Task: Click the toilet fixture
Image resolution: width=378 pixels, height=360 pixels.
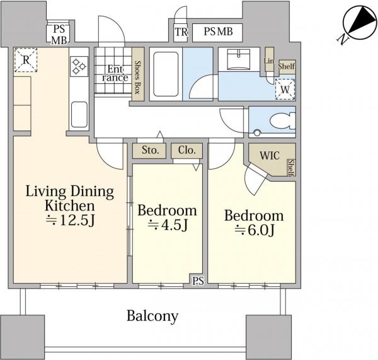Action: click(282, 121)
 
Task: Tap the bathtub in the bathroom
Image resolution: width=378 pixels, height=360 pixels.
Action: click(166, 74)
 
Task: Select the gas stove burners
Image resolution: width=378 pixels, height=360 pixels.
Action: click(79, 66)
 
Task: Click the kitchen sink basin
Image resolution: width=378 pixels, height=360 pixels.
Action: click(79, 114)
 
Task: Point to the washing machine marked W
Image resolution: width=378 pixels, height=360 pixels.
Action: click(285, 90)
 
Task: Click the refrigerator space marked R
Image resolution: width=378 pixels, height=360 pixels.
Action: click(26, 60)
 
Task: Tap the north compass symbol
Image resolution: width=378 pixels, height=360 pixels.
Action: click(357, 24)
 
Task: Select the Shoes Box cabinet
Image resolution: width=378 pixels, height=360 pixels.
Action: click(138, 74)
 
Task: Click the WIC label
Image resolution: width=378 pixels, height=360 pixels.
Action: click(270, 155)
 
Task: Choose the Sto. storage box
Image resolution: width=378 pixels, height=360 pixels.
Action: click(149, 151)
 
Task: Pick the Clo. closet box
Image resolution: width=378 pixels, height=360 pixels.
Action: click(187, 151)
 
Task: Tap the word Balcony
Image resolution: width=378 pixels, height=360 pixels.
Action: click(152, 316)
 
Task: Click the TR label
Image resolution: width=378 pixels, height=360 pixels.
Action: click(181, 32)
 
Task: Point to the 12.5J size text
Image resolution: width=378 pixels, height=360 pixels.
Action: click(71, 220)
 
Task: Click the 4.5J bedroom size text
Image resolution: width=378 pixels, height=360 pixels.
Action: click(168, 225)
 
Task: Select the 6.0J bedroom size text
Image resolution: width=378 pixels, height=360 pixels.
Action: click(255, 230)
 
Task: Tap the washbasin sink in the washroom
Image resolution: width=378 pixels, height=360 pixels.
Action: click(239, 59)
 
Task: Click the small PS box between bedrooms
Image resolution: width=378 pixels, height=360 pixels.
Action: click(198, 281)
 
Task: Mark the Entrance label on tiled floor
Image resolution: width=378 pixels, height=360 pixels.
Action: click(115, 73)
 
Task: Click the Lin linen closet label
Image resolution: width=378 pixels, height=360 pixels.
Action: click(269, 61)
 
